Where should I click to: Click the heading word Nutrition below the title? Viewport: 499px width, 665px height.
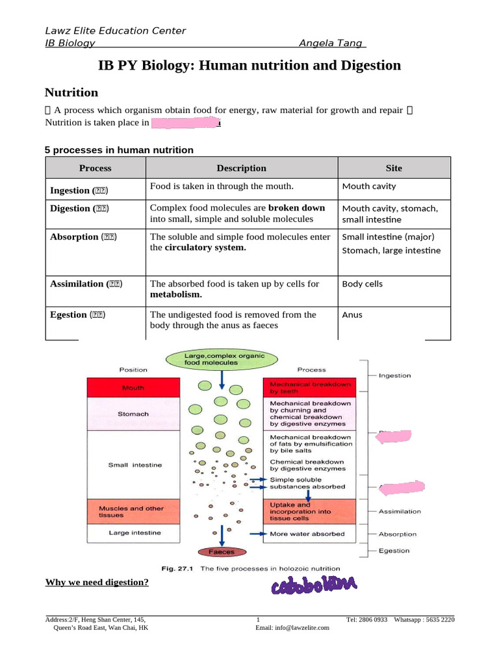pos(71,92)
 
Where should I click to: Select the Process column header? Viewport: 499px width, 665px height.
pos(95,168)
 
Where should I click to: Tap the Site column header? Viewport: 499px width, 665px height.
pos(394,168)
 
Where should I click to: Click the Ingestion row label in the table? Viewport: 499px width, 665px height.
pos(79,190)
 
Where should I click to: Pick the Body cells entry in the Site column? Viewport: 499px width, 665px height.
pos(362,284)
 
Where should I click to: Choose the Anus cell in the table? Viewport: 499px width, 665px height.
pos(352,314)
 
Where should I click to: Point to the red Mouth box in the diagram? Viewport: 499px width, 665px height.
pos(133,388)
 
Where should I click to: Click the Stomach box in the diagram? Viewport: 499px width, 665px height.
pos(133,414)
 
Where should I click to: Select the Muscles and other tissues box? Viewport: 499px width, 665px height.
pos(133,512)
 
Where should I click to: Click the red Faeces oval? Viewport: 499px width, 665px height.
pos(222,552)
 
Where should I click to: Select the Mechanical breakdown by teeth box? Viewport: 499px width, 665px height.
pos(310,388)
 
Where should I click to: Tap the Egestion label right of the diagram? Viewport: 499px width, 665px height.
pos(394,551)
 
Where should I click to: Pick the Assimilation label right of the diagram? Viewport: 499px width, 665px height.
pos(400,511)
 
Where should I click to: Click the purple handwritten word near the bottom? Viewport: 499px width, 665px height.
pos(314,586)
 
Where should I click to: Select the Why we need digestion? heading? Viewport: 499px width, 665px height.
pos(97,582)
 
